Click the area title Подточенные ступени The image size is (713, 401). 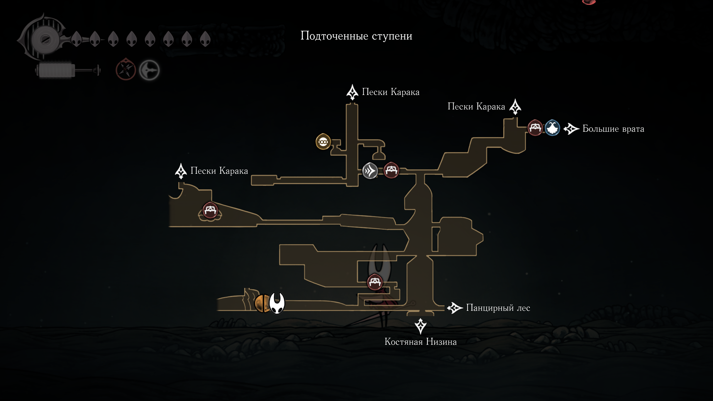pyautogui.click(x=356, y=36)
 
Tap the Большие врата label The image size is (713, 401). pyautogui.click(x=613, y=129)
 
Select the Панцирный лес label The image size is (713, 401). pyautogui.click(x=498, y=308)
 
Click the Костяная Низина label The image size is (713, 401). pyautogui.click(x=421, y=342)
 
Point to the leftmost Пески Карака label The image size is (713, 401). pyautogui.click(x=219, y=171)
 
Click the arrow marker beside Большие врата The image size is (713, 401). pyautogui.click(x=571, y=129)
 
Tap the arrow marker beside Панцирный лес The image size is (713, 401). pyautogui.click(x=455, y=308)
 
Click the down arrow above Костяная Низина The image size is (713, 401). pyautogui.click(x=421, y=326)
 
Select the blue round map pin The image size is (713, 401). pyautogui.click(x=552, y=128)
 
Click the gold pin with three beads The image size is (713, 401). pyautogui.click(x=323, y=142)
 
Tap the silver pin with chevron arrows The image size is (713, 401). pyautogui.click(x=370, y=171)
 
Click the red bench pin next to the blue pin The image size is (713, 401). pyautogui.click(x=535, y=128)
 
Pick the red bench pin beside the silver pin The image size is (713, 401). pyautogui.click(x=391, y=170)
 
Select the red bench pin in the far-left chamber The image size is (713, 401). pyautogui.click(x=210, y=210)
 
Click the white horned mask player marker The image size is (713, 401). pyautogui.click(x=277, y=303)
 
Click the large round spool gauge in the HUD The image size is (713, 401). pyautogui.click(x=45, y=39)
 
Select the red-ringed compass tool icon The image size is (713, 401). pyautogui.click(x=126, y=70)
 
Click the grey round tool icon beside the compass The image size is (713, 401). pyautogui.click(x=149, y=70)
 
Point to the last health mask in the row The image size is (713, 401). pyautogui.click(x=205, y=39)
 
